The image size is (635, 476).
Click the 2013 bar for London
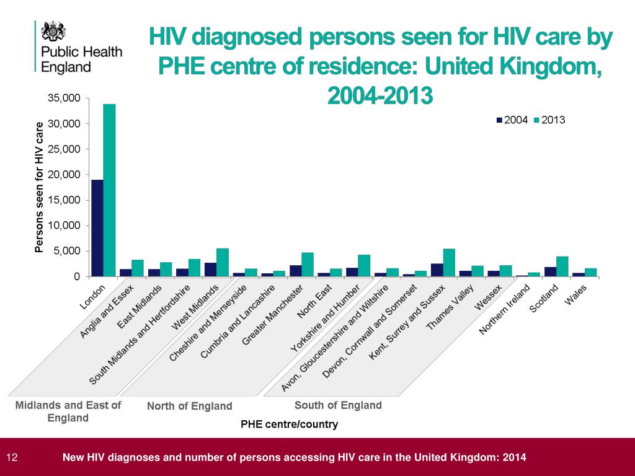click(x=109, y=190)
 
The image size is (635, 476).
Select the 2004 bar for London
click(x=97, y=228)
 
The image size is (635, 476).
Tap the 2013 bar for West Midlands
click(x=223, y=262)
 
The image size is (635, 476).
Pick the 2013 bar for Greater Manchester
click(x=308, y=265)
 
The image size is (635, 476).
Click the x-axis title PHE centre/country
click(x=289, y=425)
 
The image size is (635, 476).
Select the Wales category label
click(x=577, y=294)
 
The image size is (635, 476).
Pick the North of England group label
click(x=189, y=407)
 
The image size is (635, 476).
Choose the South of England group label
click(x=338, y=405)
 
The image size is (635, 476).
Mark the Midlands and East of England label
click(x=68, y=412)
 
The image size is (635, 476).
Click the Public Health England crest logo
click(x=53, y=32)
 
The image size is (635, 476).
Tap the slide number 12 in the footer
click(x=11, y=458)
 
